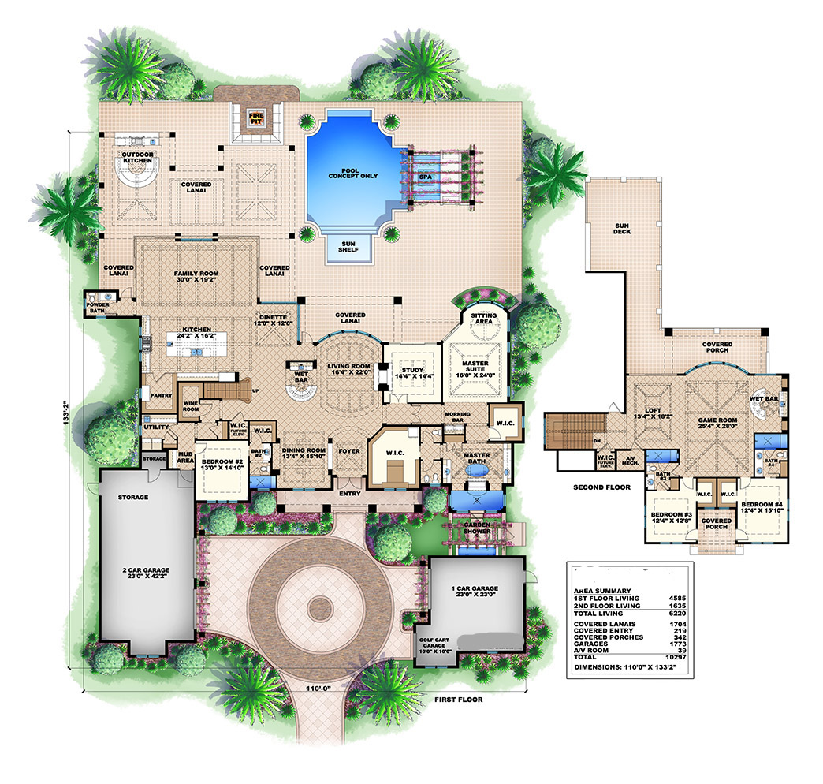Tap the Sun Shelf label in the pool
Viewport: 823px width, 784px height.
348,247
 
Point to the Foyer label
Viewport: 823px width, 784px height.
349,452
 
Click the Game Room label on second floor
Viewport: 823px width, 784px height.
716,402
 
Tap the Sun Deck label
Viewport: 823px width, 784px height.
627,229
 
